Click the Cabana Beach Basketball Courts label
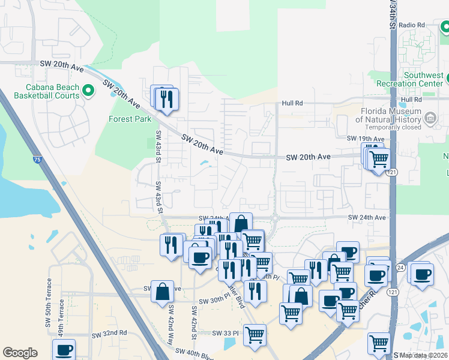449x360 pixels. point(46,91)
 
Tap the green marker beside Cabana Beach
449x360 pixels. point(89,91)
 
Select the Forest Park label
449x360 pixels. point(130,119)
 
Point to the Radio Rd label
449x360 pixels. point(411,25)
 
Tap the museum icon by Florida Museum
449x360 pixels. point(430,119)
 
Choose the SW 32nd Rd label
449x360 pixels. point(109,332)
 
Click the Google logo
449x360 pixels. point(20,352)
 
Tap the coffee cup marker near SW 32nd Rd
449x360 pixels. point(64,350)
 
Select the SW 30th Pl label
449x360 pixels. point(210,301)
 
